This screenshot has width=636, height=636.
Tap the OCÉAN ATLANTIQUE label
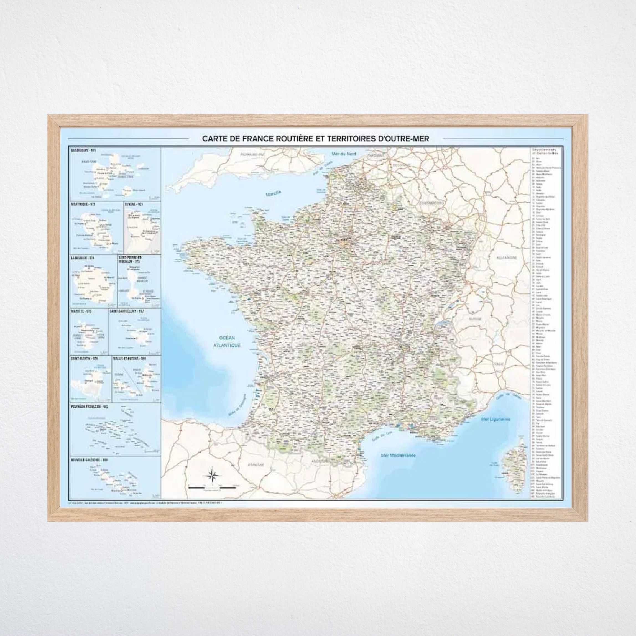(227, 342)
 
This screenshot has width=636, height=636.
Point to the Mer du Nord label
(344, 154)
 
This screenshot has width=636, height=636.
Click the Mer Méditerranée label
(398, 456)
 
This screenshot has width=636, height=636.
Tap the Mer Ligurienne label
(495, 419)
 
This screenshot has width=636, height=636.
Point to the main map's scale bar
(212, 487)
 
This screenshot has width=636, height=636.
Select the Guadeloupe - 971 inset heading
(83, 150)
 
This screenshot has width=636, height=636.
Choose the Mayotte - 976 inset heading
(81, 311)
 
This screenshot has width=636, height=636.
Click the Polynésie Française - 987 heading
(90, 407)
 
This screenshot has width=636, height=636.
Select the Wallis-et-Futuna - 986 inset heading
(129, 358)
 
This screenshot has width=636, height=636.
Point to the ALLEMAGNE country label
(507, 258)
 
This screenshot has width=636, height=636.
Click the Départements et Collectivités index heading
(545, 151)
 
